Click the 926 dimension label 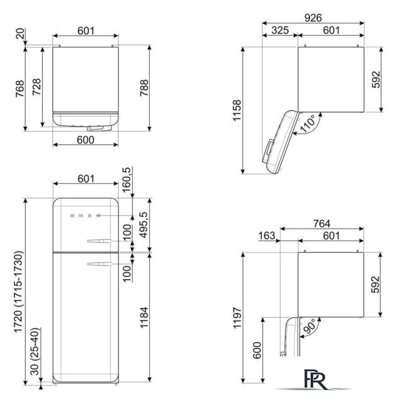(x=313, y=18)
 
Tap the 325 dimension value (x=280, y=30)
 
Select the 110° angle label (x=308, y=124)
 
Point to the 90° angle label (x=309, y=326)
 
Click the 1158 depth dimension (x=237, y=110)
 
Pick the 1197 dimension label (x=237, y=317)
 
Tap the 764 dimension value (x=322, y=224)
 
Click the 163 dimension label (x=267, y=236)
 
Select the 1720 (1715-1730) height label (x=18, y=292)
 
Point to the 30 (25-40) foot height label (x=35, y=351)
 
